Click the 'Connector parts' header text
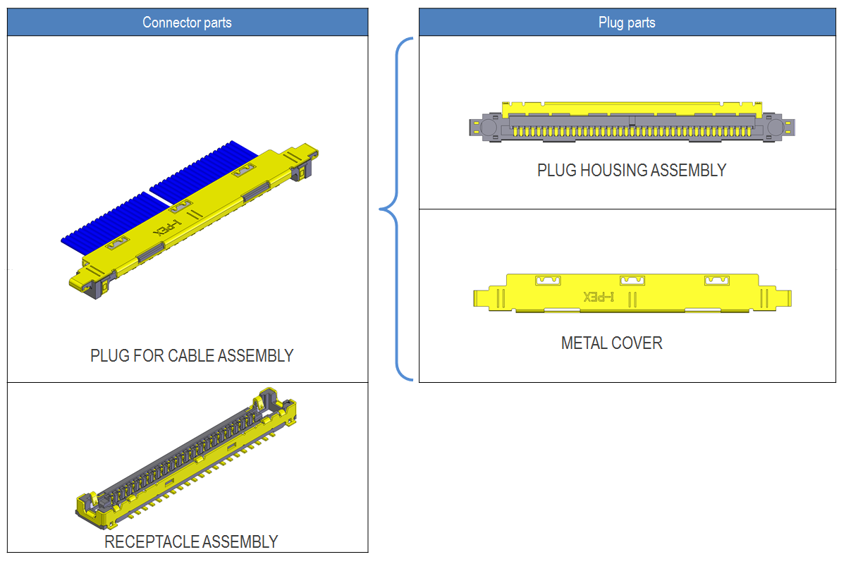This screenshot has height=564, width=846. (187, 23)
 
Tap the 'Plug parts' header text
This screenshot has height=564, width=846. (627, 23)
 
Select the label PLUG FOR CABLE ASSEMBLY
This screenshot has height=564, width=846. (192, 356)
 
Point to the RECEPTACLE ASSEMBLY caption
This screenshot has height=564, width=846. (191, 542)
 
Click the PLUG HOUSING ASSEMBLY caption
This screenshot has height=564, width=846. (632, 171)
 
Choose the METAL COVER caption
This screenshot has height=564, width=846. (612, 343)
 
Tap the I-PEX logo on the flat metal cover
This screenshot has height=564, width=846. (599, 297)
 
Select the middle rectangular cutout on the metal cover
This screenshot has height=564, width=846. (632, 280)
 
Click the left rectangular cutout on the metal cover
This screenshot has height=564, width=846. (548, 281)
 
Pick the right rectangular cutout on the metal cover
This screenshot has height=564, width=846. (718, 281)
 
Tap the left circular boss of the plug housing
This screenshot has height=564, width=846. (487, 127)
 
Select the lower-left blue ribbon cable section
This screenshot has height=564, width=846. (113, 222)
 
